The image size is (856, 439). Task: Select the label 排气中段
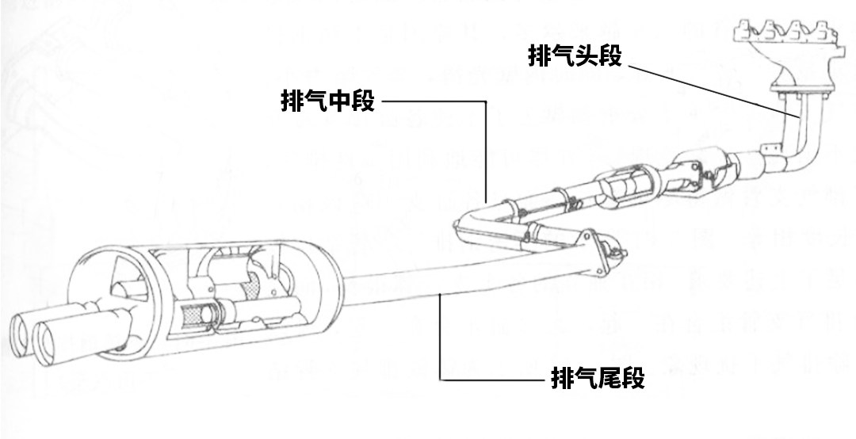click(x=327, y=101)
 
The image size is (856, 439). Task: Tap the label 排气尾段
click(x=598, y=379)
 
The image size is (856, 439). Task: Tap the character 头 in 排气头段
click(x=586, y=55)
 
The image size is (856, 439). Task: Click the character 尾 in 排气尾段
click(x=610, y=379)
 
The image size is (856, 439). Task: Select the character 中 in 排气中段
click(x=339, y=101)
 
